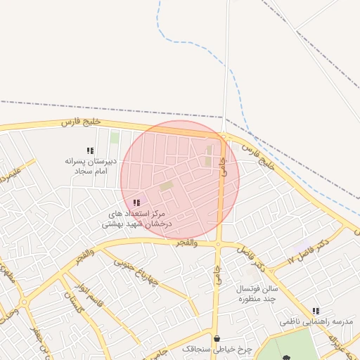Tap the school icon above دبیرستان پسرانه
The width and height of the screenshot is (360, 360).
click(90, 151)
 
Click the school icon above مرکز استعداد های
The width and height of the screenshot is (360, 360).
click(136, 202)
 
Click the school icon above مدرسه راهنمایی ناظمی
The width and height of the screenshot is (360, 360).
click(316, 310)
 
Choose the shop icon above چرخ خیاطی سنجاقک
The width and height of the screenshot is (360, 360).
click(217, 337)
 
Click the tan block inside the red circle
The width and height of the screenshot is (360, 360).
click(166, 186)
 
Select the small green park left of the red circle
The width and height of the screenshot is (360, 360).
click(114, 136)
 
